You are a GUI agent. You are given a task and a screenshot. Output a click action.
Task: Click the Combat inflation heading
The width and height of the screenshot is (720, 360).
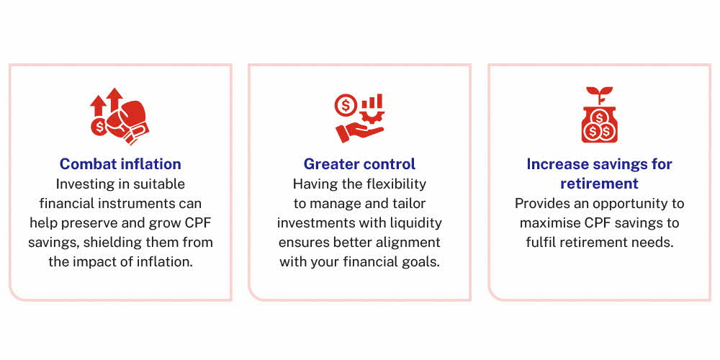click(x=120, y=164)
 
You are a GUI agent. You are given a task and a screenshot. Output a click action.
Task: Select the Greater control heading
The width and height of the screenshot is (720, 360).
click(x=359, y=164)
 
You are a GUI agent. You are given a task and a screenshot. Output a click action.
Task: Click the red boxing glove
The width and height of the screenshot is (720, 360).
click(x=128, y=121)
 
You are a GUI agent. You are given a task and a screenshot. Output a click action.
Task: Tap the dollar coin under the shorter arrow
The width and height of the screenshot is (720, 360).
click(x=99, y=127)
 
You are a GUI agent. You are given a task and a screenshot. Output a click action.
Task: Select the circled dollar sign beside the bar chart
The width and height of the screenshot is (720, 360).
click(x=346, y=104)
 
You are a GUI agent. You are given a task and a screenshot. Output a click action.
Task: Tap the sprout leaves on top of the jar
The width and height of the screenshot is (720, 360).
click(x=599, y=92)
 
